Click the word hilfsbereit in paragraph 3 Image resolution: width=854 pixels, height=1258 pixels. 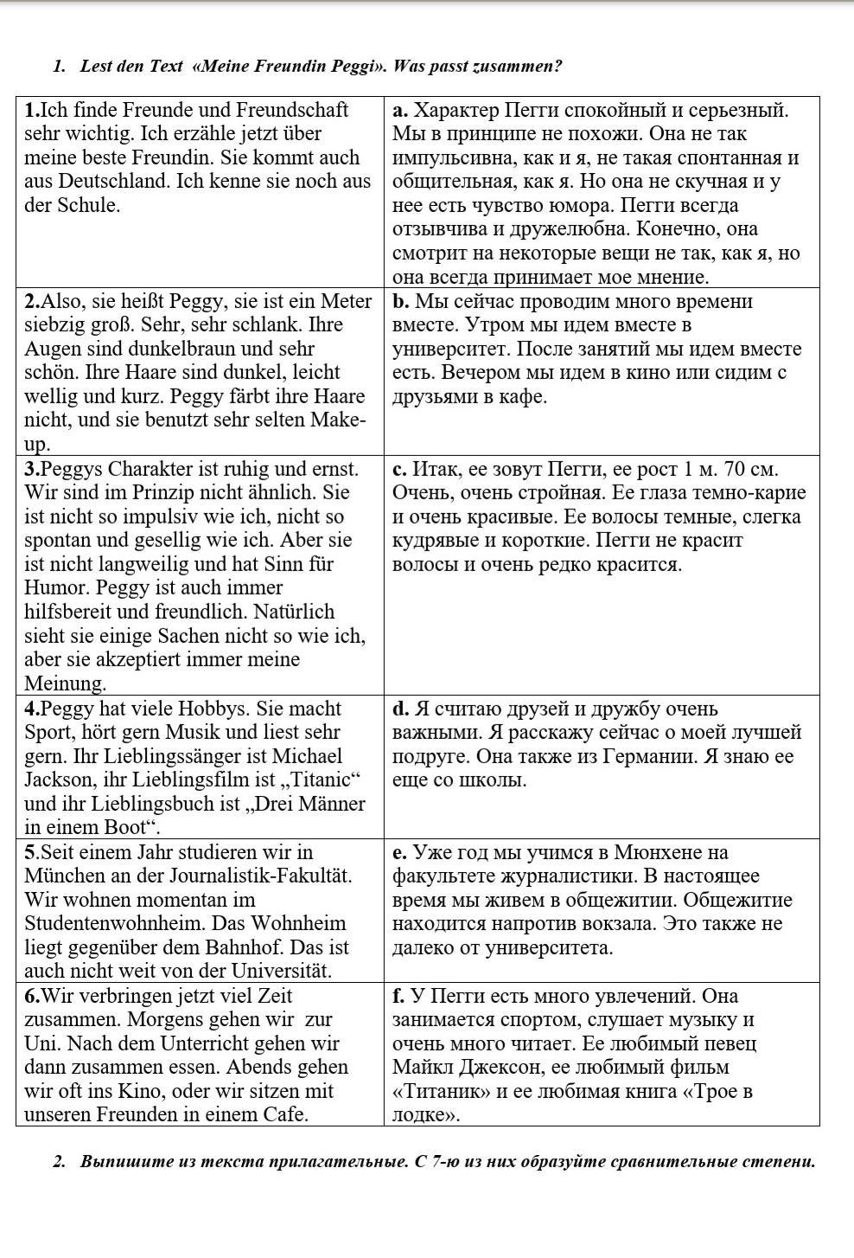pos(72,612)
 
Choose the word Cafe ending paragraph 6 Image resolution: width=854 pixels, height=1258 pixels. pos(284,1114)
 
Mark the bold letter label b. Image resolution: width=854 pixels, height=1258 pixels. pos(399,302)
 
